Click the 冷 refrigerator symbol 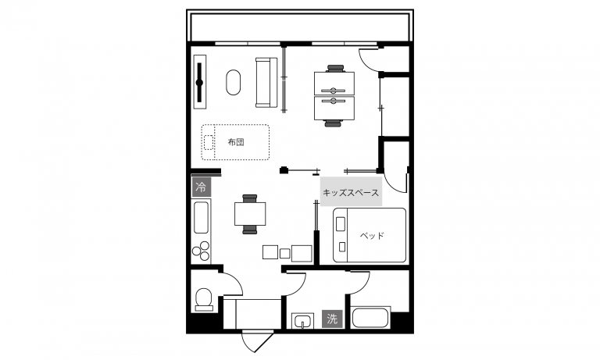(x=202, y=187)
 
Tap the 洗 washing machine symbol (x=332, y=319)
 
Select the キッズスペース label (x=351, y=192)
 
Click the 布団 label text (x=236, y=142)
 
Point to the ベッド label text (x=372, y=236)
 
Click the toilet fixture (x=204, y=299)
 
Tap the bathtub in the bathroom (x=370, y=317)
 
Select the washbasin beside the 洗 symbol (x=302, y=321)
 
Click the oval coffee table (x=234, y=82)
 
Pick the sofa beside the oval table (x=266, y=82)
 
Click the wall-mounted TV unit (x=200, y=82)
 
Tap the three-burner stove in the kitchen (x=201, y=251)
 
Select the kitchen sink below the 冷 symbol (x=201, y=217)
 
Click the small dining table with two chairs (x=250, y=214)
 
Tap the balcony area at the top (x=300, y=26)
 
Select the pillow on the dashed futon (x=208, y=142)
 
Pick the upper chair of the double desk (x=335, y=68)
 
